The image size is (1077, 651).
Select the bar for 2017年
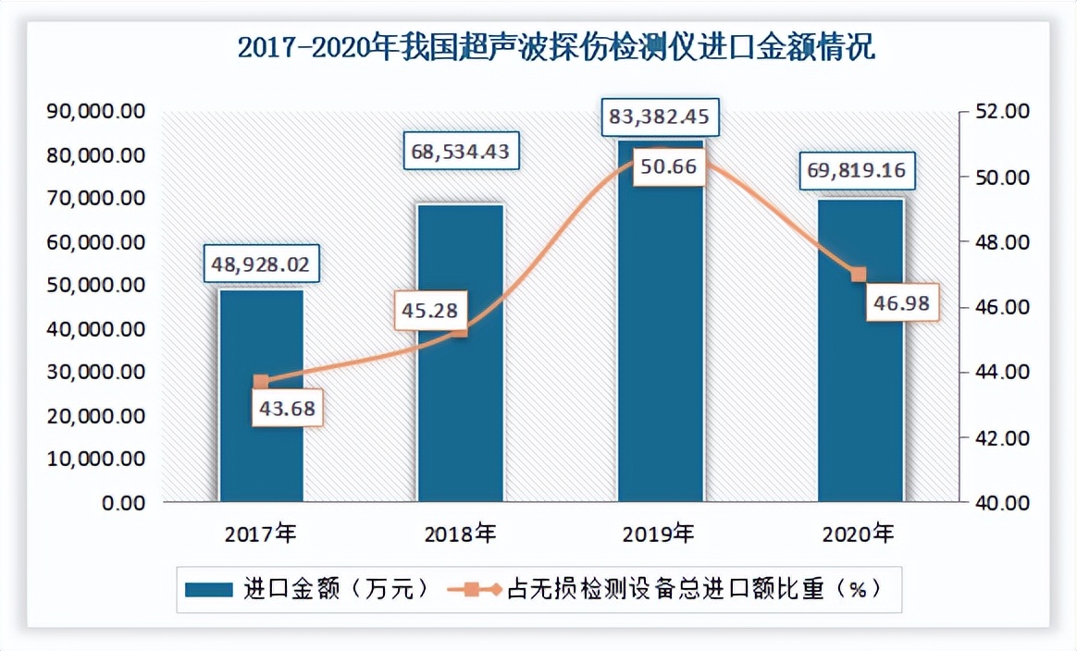(261, 435)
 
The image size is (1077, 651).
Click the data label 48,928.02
(261, 265)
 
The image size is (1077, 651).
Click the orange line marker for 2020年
(858, 275)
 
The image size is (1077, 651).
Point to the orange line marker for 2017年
(261, 382)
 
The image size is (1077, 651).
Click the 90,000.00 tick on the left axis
(95, 112)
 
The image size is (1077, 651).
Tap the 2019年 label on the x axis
(660, 534)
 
